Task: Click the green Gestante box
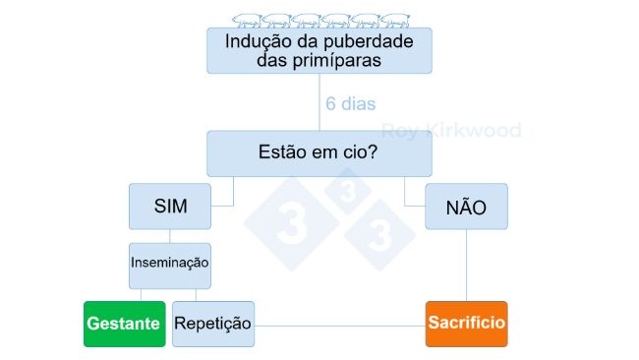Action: (124, 324)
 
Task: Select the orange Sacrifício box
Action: (466, 324)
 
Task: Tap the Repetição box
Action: (212, 324)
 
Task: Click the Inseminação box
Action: (170, 265)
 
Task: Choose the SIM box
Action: (170, 207)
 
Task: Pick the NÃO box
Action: (466, 207)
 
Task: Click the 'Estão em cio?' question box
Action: (319, 153)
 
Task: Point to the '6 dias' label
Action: (350, 103)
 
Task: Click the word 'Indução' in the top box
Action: (259, 41)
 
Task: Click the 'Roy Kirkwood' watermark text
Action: (451, 130)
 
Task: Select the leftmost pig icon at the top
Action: (246, 20)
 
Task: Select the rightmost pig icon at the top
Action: (396, 20)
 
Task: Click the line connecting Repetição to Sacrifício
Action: (339, 325)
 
